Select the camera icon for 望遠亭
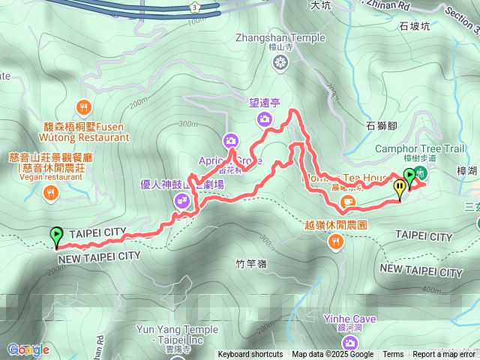point(264,118)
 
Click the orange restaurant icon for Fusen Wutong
point(84,107)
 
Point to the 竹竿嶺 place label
point(250,263)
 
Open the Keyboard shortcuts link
point(250,355)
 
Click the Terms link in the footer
point(393,355)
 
